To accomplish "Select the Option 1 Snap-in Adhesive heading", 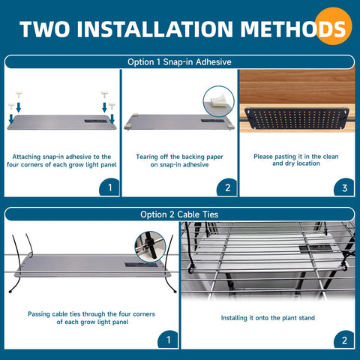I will [x=179, y=62].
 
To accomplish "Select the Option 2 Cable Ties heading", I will [x=179, y=214].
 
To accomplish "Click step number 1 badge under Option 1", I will [x=109, y=187].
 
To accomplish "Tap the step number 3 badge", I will [x=344, y=187].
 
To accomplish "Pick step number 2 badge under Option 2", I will [x=344, y=340].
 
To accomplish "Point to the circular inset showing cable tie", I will [x=149, y=244].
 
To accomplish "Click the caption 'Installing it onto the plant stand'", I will [x=267, y=317].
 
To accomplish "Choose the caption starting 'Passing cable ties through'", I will [x=88, y=317].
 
